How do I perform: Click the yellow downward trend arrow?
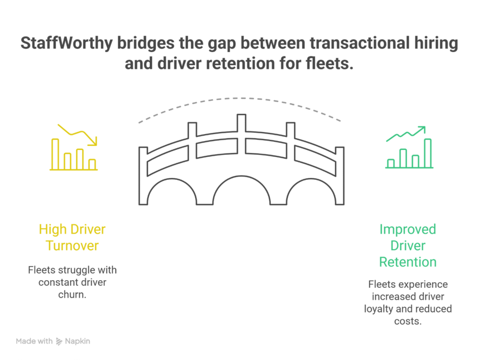[78, 134]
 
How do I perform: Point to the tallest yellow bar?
[55, 154]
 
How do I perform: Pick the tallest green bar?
[428, 153]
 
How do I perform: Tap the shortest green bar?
[391, 163]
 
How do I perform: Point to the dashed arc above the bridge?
[241, 99]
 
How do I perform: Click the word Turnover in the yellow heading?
[72, 246]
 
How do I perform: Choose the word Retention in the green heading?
[408, 262]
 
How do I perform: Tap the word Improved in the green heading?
[408, 230]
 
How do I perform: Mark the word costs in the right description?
[407, 321]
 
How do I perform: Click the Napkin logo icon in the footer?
[59, 341]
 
